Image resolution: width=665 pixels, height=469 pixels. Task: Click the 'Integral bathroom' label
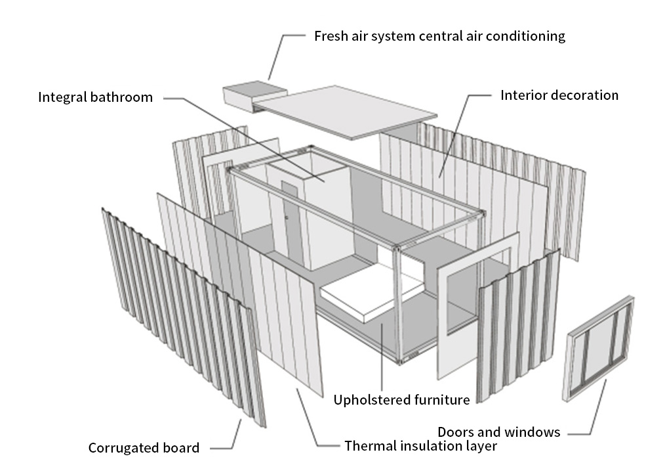click(95, 98)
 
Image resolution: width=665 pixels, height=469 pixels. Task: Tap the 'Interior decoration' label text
click(559, 95)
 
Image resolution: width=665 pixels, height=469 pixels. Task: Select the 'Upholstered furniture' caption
click(401, 399)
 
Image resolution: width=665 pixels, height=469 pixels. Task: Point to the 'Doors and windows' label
click(498, 432)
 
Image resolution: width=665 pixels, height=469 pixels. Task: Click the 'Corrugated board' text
click(144, 449)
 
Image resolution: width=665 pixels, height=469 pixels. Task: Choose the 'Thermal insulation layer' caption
click(420, 446)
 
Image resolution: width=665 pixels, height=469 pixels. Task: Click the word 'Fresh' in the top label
click(330, 36)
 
